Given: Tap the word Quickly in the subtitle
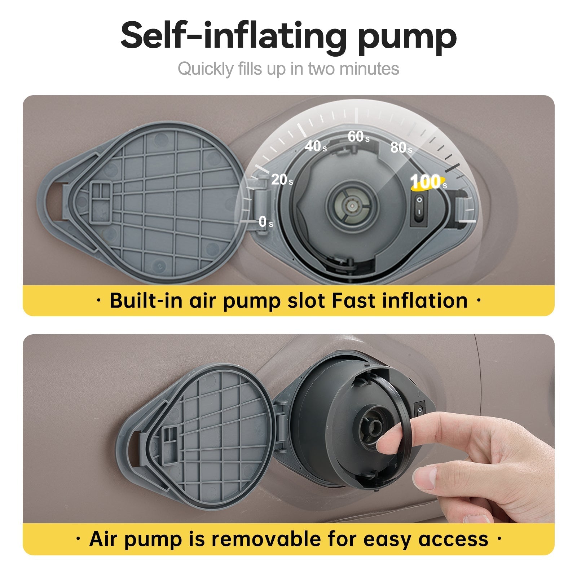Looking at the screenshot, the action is pos(206,69).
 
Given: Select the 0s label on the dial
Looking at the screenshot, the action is pos(266,221).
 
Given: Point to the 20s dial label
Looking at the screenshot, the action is pos(282,179).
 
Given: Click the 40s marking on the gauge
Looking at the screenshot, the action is pos(316,146).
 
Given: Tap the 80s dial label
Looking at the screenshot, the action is pos(401,147).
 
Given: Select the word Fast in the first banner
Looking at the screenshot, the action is pos(353,300).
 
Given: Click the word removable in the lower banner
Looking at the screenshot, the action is pos(266,539).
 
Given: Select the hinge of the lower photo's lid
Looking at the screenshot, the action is pos(281,424).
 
